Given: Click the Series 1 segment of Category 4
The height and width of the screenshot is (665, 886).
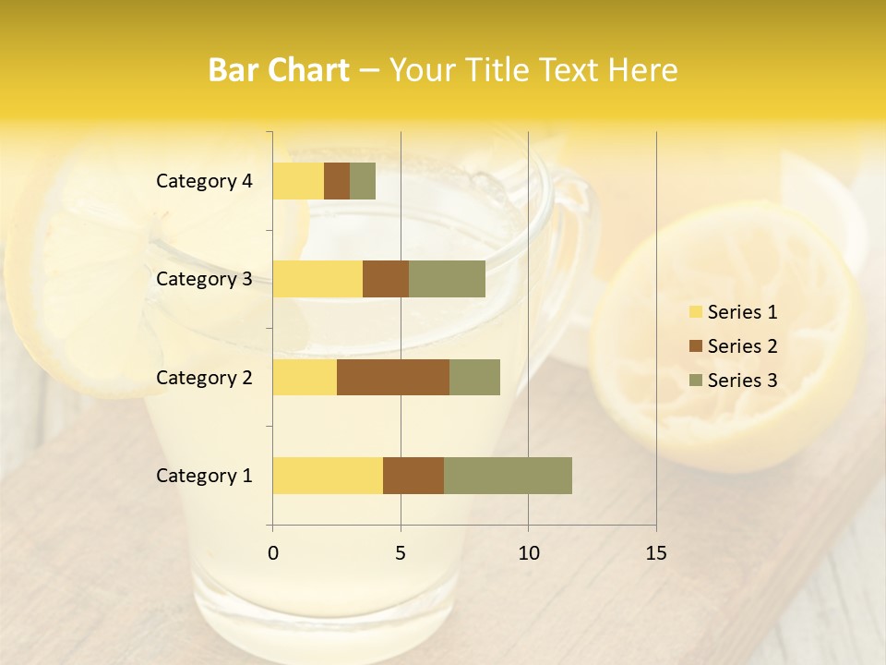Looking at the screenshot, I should pos(298,181).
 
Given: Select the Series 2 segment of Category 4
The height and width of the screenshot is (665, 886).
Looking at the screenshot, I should pos(337,181).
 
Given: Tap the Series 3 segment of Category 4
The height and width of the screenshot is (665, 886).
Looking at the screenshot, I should pos(363,181).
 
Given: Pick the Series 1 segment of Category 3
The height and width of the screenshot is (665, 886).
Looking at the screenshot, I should pos(317,279).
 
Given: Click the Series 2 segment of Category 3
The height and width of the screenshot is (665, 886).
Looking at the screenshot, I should pos(386,279).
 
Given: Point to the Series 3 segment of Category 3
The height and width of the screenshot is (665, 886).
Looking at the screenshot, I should pos(447,279).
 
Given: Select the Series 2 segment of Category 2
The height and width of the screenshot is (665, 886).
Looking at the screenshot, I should pos(393,377).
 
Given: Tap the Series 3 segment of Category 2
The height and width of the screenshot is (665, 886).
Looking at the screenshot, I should pos(474,377).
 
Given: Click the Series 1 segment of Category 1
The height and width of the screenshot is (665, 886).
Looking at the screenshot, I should pos(328,476).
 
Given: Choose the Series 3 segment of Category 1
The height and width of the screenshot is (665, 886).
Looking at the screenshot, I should pos(508,476).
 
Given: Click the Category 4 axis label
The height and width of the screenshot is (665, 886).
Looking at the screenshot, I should pos(204,181).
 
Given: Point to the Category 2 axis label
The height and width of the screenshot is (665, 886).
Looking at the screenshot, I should pos(204,377).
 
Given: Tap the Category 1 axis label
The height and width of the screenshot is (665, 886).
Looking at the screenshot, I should pos(204,476).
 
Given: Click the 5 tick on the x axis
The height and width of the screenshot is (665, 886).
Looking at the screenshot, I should pos(401,553).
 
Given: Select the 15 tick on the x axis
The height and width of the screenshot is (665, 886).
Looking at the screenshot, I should pos(656,553).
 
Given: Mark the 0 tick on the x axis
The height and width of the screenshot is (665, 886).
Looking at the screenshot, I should pos(273,553).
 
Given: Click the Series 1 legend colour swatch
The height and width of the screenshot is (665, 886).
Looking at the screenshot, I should pos(696,312).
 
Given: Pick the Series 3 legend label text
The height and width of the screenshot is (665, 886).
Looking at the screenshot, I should pos(742,381).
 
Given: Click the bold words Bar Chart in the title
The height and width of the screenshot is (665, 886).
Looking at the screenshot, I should pos(279,70).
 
